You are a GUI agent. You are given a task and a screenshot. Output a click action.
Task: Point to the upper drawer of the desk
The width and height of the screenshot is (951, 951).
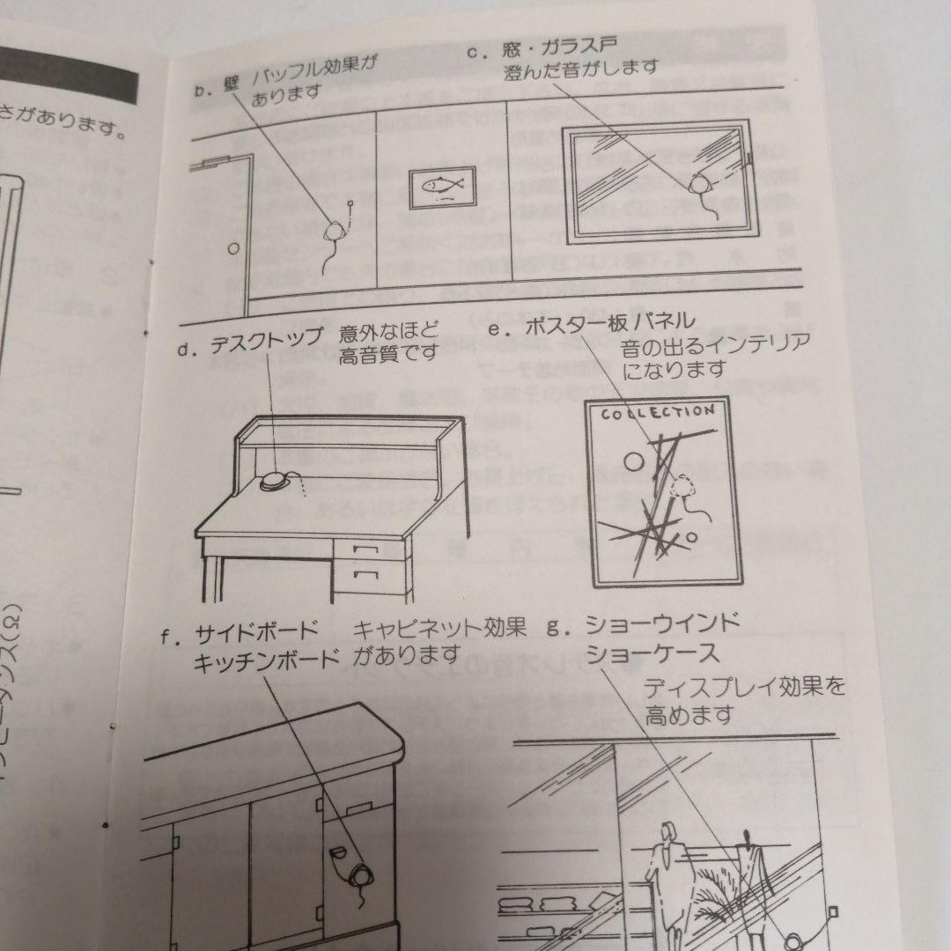365,551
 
